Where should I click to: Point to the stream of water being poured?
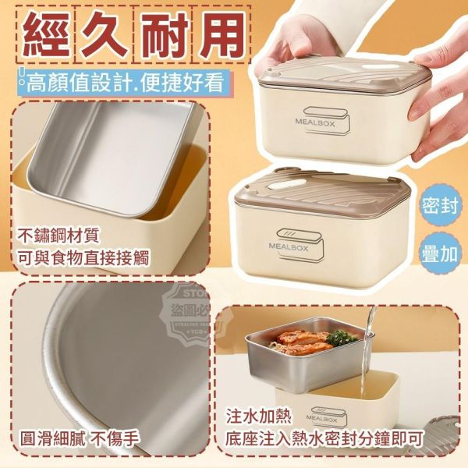tap(371, 328)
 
